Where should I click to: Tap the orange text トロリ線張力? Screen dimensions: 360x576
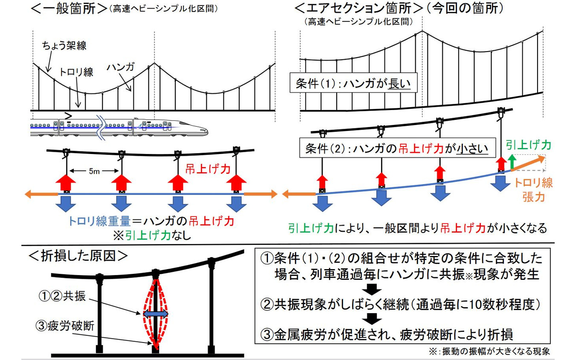pyautogui.click(x=533, y=191)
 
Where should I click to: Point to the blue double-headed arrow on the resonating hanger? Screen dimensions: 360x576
pyautogui.click(x=155, y=314)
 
